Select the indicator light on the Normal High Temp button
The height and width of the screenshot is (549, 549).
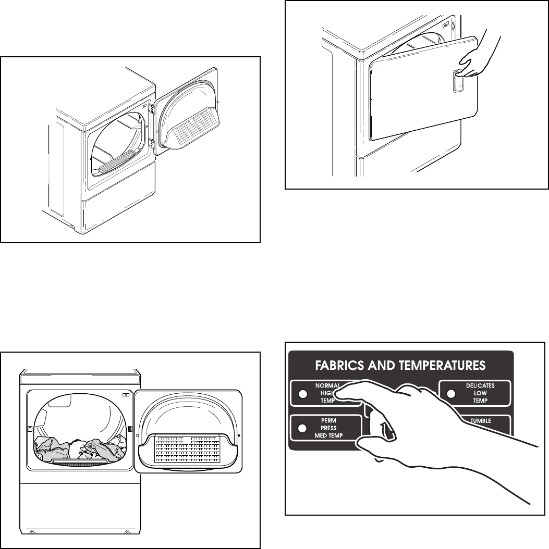pyautogui.click(x=301, y=394)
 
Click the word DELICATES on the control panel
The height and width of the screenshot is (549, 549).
pyautogui.click(x=480, y=386)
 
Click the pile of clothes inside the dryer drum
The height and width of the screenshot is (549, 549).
pyautogui.click(x=81, y=449)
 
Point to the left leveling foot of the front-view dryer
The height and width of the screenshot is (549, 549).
pyautogui.click(x=31, y=532)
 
